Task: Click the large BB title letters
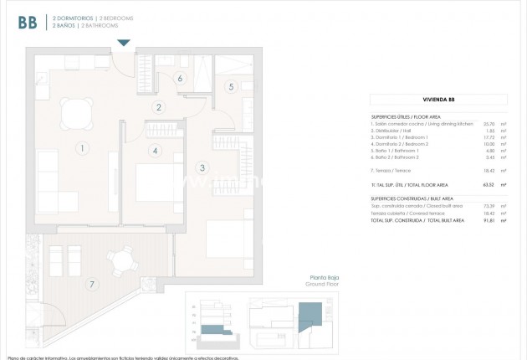[28, 23]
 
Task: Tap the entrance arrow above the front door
[123, 43]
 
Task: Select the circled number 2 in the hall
[157, 106]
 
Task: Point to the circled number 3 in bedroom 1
[202, 167]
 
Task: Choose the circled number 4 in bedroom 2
[156, 151]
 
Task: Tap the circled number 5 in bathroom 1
[232, 86]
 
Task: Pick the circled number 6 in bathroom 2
[180, 79]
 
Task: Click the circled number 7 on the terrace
[91, 283]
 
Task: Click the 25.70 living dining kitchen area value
[489, 124]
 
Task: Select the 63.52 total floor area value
[489, 184]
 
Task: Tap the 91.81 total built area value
[489, 220]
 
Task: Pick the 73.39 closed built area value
[489, 205]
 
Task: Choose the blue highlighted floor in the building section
[218, 327]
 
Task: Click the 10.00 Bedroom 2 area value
[489, 143]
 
